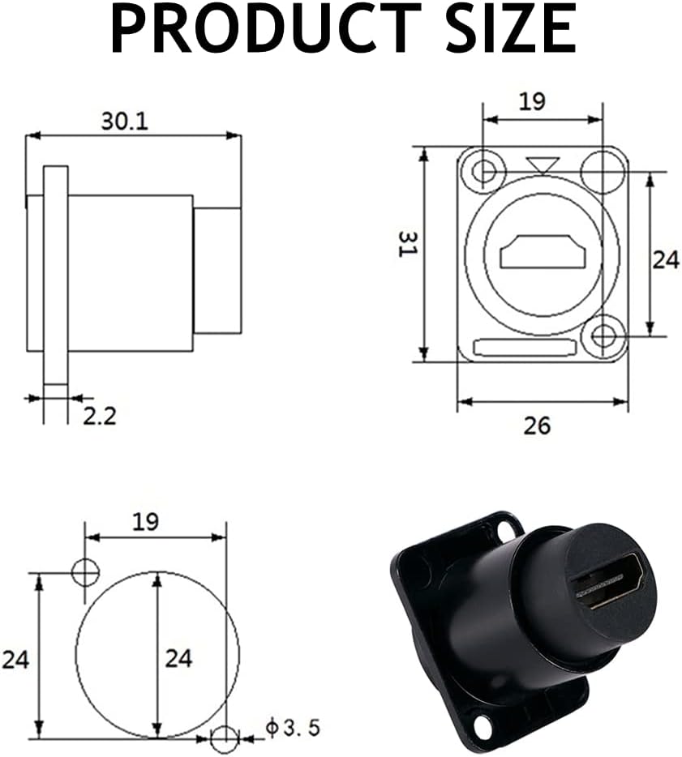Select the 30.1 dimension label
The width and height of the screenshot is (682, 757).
pos(124,121)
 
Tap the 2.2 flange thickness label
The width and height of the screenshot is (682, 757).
pos(100,416)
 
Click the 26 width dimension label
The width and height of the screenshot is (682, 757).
pos(537,425)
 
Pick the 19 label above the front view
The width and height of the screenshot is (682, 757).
pos(532,101)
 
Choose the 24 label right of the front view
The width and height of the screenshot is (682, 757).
pos(666,259)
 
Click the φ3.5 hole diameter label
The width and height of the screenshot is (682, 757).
pos(293,727)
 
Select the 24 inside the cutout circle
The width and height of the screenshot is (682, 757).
pos(178,658)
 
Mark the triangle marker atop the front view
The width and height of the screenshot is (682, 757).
pos(542,165)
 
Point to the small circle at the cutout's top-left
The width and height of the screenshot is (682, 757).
pos(85,572)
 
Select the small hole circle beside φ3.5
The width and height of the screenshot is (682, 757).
pos(225,738)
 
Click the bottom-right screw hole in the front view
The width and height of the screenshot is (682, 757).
pos(603,336)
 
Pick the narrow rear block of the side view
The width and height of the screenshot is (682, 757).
pos(217,270)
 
